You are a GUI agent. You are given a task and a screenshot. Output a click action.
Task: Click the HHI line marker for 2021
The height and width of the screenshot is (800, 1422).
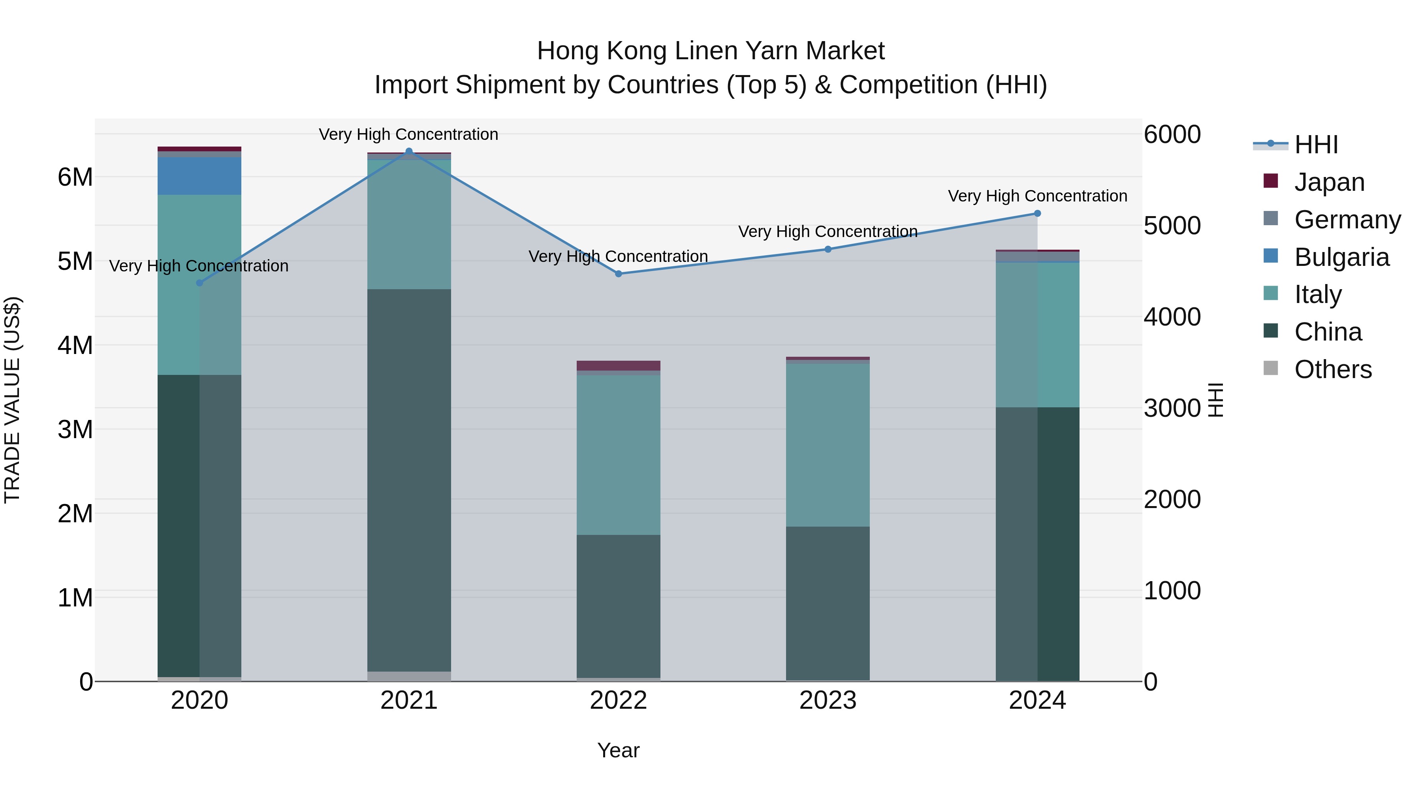pyautogui.click(x=409, y=151)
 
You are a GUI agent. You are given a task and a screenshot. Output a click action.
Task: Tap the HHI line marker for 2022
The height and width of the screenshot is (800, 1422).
pyautogui.click(x=618, y=274)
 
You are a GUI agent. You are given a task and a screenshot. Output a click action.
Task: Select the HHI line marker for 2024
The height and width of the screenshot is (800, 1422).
pyautogui.click(x=1037, y=214)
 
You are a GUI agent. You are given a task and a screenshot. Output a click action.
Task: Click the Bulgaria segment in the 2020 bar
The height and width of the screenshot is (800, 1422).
pyautogui.click(x=199, y=175)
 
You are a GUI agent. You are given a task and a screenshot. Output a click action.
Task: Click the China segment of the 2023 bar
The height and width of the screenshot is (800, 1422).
pyautogui.click(x=828, y=603)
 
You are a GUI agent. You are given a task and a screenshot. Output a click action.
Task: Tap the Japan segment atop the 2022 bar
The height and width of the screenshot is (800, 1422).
pyautogui.click(x=618, y=365)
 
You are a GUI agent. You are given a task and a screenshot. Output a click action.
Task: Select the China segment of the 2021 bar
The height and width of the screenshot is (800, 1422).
pyautogui.click(x=409, y=480)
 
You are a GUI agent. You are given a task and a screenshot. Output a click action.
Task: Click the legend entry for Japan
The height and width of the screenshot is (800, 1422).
pyautogui.click(x=1329, y=182)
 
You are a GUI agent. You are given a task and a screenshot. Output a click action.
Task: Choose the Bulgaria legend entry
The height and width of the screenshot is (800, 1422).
pyautogui.click(x=1341, y=257)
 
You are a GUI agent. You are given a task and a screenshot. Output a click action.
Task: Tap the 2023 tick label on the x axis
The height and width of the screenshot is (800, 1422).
pyautogui.click(x=828, y=700)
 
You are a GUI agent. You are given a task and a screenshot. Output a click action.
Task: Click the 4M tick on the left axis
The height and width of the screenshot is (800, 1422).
pyautogui.click(x=75, y=346)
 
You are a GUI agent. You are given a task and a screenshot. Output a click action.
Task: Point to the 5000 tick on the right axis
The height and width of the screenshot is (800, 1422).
pyautogui.click(x=1172, y=226)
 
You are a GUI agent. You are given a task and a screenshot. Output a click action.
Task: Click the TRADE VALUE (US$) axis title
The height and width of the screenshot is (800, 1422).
pyautogui.click(x=13, y=400)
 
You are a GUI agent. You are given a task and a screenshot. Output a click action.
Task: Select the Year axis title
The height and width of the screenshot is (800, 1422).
pyautogui.click(x=618, y=750)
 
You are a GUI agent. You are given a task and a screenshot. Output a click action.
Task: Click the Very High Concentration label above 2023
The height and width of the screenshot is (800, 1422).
pyautogui.click(x=828, y=232)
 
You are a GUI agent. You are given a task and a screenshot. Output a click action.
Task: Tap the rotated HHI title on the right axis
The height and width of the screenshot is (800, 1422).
pyautogui.click(x=1216, y=400)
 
